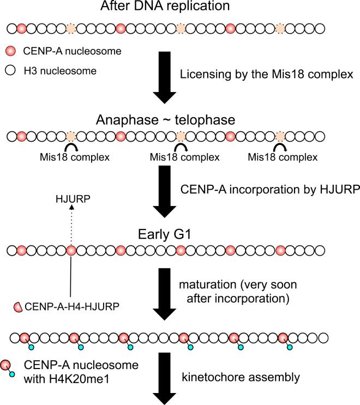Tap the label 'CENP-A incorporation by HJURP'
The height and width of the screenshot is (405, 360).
pos(268,189)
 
